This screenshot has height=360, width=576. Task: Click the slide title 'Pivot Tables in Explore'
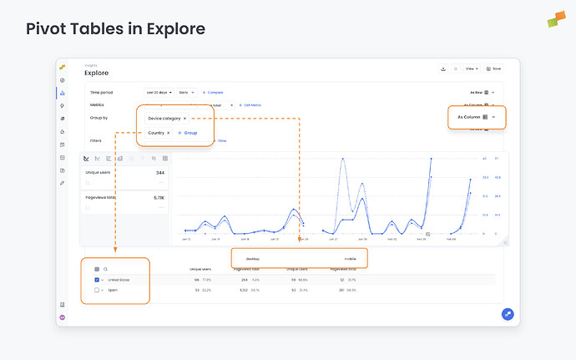pos(115,29)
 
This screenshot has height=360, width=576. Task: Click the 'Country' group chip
pos(158,133)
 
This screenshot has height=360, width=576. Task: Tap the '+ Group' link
pos(187,133)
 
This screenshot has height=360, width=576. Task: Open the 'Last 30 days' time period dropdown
pos(159,92)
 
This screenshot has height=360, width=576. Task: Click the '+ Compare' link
pos(213,92)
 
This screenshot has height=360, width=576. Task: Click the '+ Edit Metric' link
pos(250,105)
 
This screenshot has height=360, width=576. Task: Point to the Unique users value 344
pos(159,173)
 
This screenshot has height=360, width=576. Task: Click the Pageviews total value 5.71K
pos(159,198)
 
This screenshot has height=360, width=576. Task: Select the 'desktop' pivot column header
pos(253,259)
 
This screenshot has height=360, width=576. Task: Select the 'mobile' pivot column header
pos(350,259)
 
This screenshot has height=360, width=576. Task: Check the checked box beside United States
pos(97,280)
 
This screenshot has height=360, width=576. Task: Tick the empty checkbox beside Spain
pos(97,290)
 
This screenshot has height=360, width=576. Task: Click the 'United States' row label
pos(118,280)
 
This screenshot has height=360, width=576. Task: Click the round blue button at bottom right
pos(508,314)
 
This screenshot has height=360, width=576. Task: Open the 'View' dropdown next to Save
pos(472,68)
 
